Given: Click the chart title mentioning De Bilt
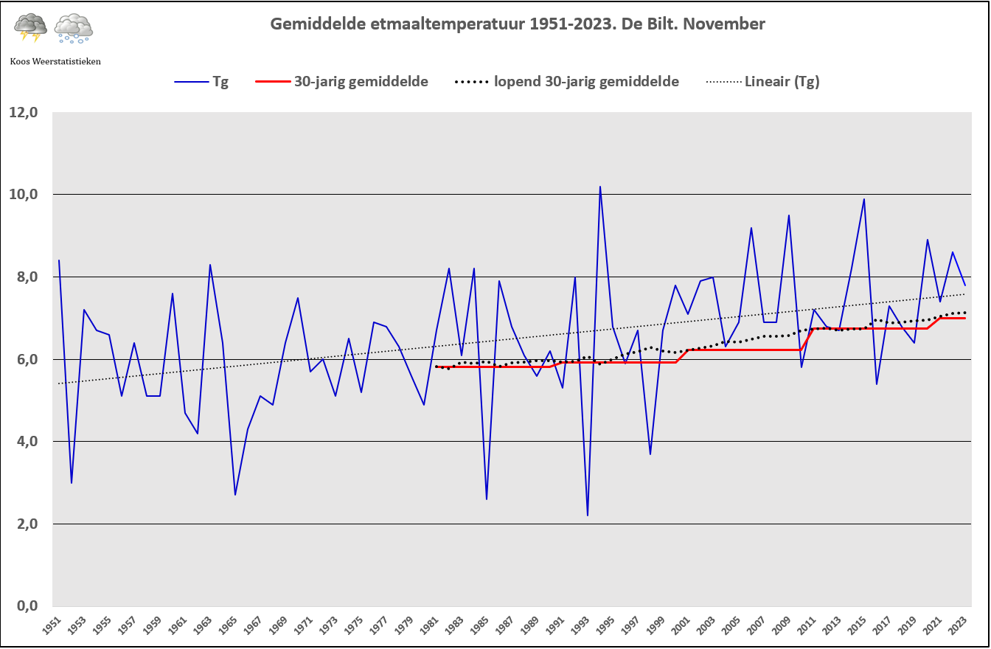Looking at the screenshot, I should pyautogui.click(x=518, y=24).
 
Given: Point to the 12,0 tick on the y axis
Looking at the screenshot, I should pyautogui.click(x=23, y=113).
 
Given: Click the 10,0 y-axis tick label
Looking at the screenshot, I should pyautogui.click(x=23, y=195).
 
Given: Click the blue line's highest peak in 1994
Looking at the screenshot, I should pyautogui.click(x=600, y=187).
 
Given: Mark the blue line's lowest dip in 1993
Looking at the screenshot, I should pyautogui.click(x=588, y=515).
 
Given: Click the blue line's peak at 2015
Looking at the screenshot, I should pyautogui.click(x=864, y=199).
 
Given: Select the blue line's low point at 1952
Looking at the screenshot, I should pyautogui.click(x=72, y=482).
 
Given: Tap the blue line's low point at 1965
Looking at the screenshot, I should pyautogui.click(x=235, y=494).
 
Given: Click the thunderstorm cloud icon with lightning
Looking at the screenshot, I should pyautogui.click(x=31, y=27).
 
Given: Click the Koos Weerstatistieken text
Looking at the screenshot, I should pyautogui.click(x=55, y=61).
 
